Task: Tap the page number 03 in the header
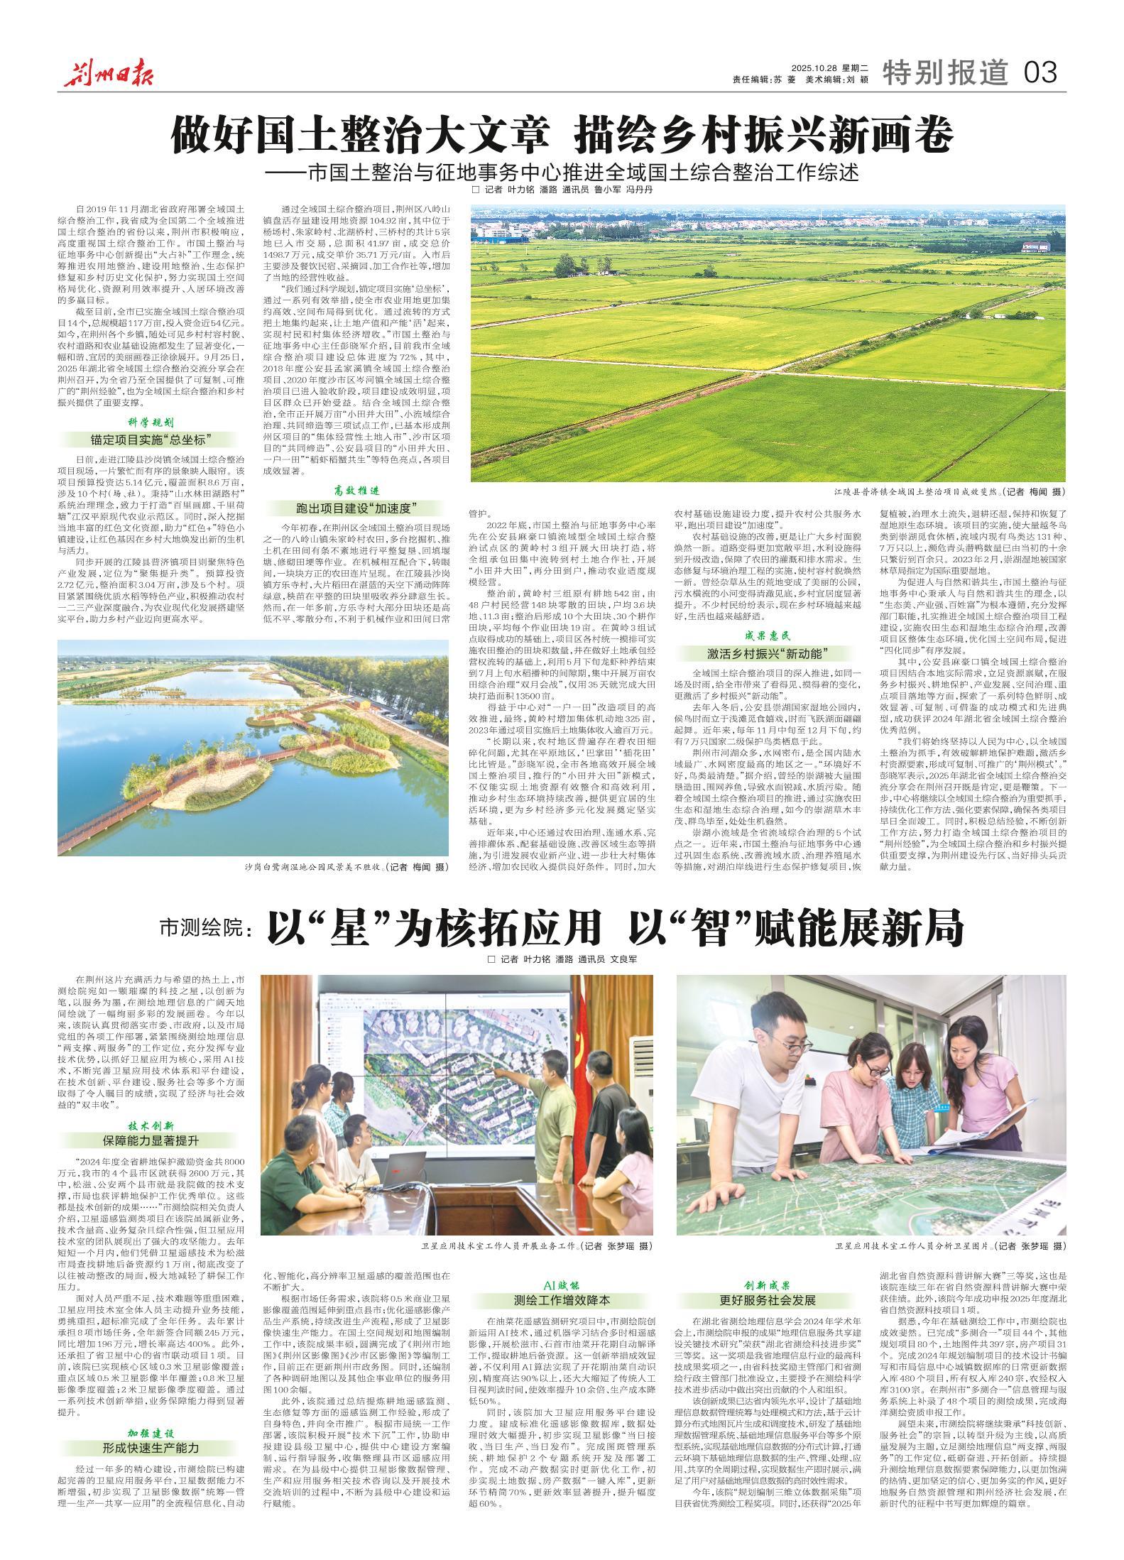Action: [1040, 71]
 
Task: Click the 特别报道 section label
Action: [945, 71]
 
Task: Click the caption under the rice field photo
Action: [949, 491]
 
